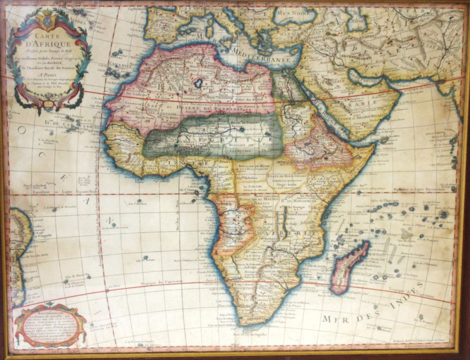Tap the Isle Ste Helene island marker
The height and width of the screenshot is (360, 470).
[145, 258]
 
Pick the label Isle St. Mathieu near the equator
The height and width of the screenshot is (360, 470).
[138, 204]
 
